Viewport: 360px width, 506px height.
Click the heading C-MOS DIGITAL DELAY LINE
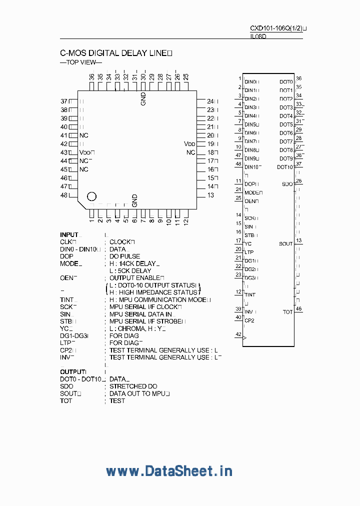[116, 53]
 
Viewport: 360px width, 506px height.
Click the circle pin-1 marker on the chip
[92, 196]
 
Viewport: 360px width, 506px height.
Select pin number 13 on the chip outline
[210, 195]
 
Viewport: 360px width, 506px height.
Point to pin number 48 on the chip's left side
[64, 195]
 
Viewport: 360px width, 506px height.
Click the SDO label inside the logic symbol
[287, 184]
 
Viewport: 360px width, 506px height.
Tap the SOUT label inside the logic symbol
[285, 244]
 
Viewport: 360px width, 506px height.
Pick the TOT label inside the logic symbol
[287, 312]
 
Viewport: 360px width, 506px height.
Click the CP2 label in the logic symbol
[249, 320]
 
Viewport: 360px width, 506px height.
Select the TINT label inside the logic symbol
[250, 295]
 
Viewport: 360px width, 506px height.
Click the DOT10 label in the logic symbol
[285, 167]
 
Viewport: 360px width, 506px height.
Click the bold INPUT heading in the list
[69, 234]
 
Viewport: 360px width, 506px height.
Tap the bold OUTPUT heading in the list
[72, 371]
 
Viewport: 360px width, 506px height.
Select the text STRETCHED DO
[133, 386]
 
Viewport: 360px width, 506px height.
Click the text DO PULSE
[125, 256]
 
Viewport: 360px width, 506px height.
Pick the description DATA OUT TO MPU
[139, 393]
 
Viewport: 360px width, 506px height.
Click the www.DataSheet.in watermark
[169, 470]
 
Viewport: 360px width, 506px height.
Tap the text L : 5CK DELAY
[130, 270]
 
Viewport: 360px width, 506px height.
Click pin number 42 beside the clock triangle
[238, 334]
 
